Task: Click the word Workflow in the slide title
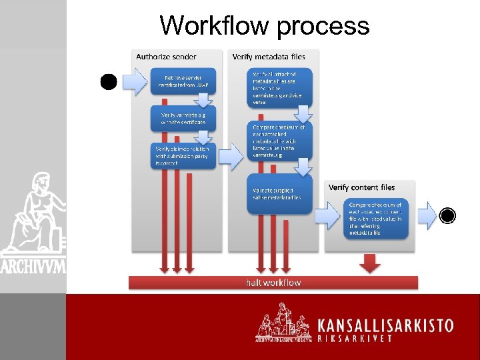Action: pyautogui.click(x=214, y=25)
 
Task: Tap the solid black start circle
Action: pyautogui.click(x=109, y=82)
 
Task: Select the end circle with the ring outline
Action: pyautogui.click(x=447, y=215)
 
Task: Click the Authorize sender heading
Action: pyautogui.click(x=166, y=57)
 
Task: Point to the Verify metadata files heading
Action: pyautogui.click(x=269, y=57)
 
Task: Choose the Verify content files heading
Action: pyautogui.click(x=361, y=187)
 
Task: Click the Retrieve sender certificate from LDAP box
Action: pyautogui.click(x=183, y=81)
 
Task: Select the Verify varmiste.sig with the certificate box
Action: pyautogui.click(x=183, y=119)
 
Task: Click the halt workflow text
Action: pyautogui.click(x=273, y=283)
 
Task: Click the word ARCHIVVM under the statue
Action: pyautogui.click(x=33, y=266)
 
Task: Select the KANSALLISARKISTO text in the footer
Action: pyautogui.click(x=385, y=326)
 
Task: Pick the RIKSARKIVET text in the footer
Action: pyautogui.click(x=363, y=338)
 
